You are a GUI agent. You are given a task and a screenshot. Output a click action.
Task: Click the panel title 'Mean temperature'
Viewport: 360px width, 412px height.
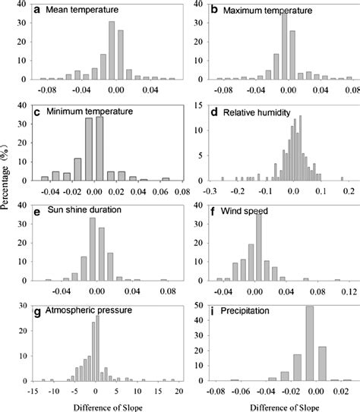tap(81, 12)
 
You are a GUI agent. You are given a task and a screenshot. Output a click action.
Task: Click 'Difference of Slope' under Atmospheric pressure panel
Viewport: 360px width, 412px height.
tap(95, 405)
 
